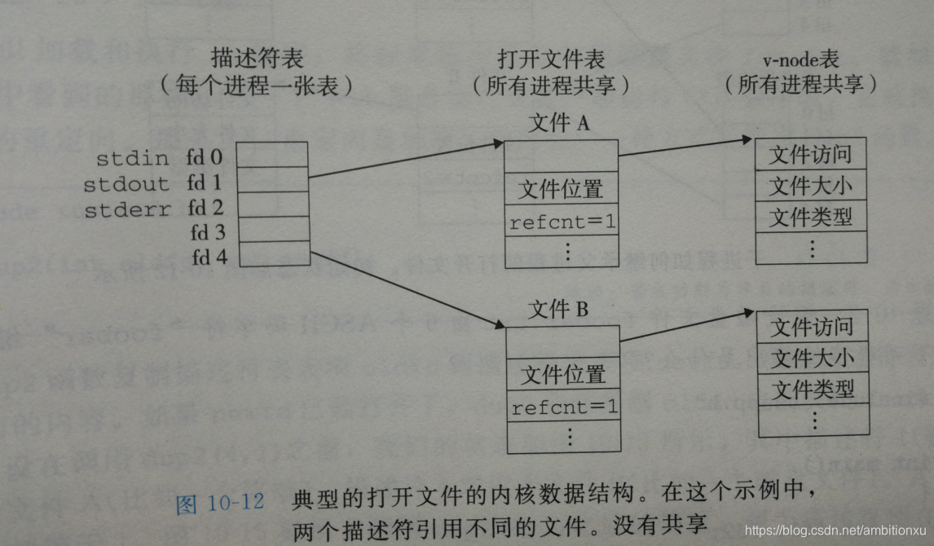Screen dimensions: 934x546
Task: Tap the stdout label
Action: point(126,183)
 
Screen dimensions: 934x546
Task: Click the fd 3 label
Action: point(208,234)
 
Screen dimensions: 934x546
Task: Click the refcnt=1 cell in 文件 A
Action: point(561,221)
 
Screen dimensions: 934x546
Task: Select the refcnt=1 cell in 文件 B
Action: point(564,405)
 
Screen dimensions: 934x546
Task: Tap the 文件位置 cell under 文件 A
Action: point(561,190)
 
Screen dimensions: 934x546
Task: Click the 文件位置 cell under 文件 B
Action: point(564,375)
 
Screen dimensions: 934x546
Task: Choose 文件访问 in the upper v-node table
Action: point(810,155)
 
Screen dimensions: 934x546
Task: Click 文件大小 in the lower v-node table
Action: point(813,358)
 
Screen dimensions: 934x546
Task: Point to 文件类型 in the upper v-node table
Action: point(810,218)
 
